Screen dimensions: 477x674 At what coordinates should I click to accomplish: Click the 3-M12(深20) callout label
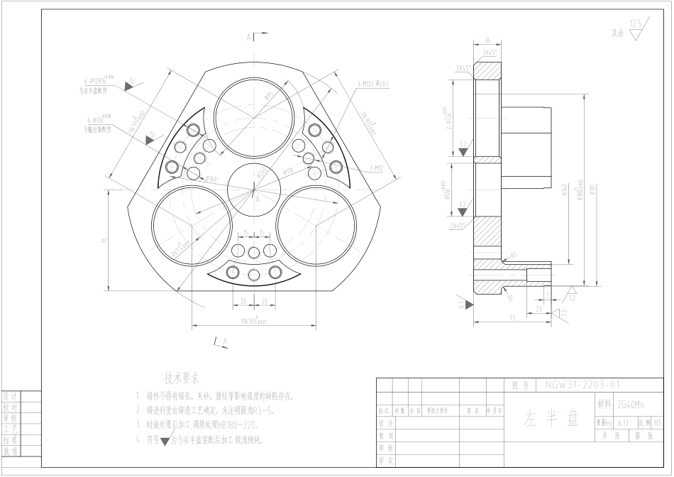tap(372, 84)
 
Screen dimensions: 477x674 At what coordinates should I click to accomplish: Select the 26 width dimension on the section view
tap(487, 40)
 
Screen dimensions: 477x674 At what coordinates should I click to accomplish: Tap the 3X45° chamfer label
tap(490, 52)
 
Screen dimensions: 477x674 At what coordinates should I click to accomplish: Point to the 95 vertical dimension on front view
tap(104, 240)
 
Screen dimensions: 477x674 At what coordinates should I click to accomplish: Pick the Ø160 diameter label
tap(209, 179)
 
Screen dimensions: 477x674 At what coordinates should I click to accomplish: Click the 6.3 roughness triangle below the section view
tap(463, 305)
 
